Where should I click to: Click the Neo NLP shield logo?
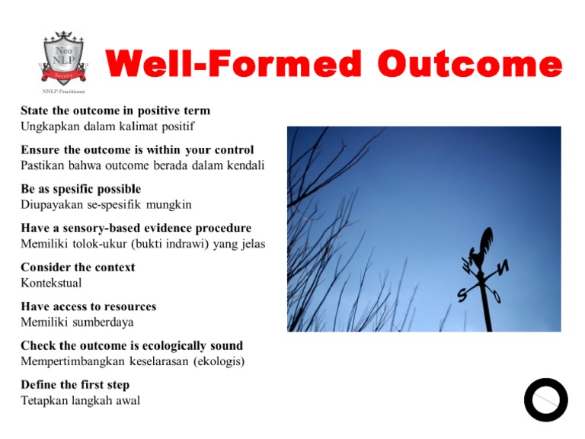coord(63,58)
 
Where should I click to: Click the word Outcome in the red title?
coord(469,65)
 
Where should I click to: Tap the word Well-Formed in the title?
coord(233,65)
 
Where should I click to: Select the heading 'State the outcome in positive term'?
coord(115,111)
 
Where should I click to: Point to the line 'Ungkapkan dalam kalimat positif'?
coord(102,126)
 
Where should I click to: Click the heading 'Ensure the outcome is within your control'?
coord(137,149)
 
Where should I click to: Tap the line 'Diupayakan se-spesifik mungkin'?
coord(106,204)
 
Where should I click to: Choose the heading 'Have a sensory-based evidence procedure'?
coord(136,228)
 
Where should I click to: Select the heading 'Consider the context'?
coord(78,268)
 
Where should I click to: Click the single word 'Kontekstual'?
coord(51,283)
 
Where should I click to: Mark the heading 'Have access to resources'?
coord(88,306)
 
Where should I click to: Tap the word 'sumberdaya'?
coord(104,322)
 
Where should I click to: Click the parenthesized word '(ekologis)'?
coord(216,361)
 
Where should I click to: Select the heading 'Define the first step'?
coord(75,385)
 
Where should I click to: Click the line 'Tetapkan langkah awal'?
coord(80,400)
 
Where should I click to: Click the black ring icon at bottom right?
coord(545,399)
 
